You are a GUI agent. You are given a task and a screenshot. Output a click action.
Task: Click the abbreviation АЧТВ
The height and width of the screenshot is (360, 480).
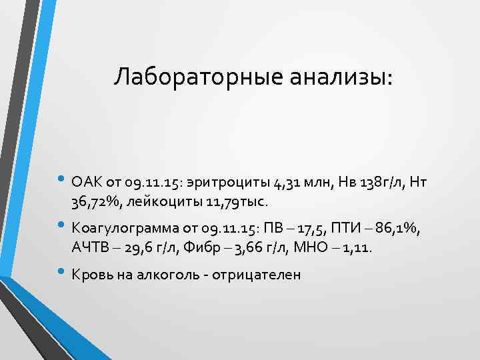(x=89, y=249)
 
